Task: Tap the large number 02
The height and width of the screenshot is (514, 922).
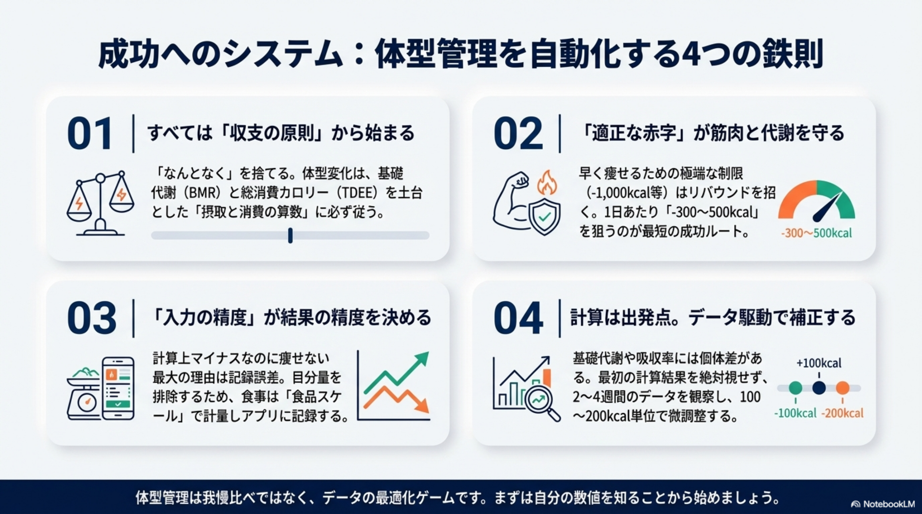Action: coord(518,133)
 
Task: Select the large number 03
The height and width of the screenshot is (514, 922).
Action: coord(91,318)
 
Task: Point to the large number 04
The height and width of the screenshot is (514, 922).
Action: coord(518,318)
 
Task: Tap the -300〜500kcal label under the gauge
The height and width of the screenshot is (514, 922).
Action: coord(816,233)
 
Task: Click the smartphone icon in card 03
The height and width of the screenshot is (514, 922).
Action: coord(118,388)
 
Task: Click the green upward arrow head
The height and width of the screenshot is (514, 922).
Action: coord(422,359)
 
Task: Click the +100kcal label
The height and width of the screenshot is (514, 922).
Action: coord(819,363)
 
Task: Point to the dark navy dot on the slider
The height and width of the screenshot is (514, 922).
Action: coord(819,388)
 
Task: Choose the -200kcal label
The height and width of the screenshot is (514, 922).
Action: coord(842,413)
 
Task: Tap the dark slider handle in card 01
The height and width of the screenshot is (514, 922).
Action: coord(290,236)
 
